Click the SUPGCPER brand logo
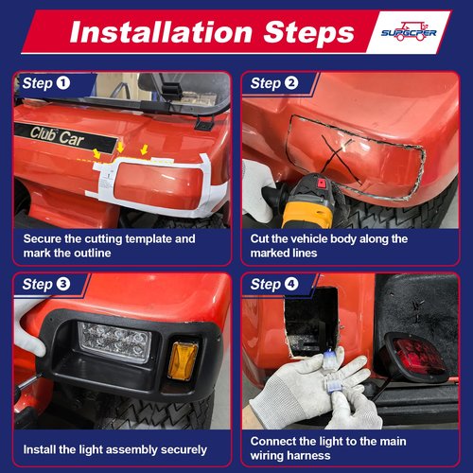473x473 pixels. (409, 31)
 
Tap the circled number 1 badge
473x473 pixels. (63, 83)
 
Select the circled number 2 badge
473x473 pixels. (291, 83)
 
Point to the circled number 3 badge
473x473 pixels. (63, 284)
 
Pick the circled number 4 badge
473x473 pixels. (291, 284)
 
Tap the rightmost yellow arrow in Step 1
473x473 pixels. (144, 149)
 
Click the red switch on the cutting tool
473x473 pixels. (322, 184)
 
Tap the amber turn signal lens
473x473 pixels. (183, 360)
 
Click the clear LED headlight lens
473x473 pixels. (114, 342)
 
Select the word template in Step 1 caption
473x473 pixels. (149, 239)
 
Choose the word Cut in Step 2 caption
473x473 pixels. (259, 238)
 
